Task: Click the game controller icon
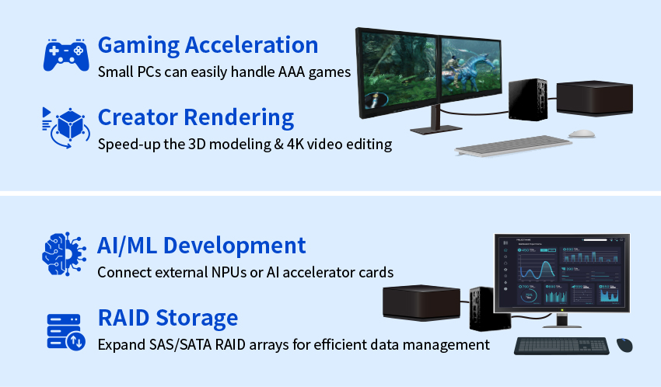[x=66, y=55]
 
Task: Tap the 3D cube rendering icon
[x=67, y=127]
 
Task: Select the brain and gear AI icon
[x=64, y=254]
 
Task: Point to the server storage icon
[x=66, y=332]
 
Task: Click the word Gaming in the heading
[x=139, y=46]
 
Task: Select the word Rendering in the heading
[x=239, y=118]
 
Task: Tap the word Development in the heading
[x=234, y=246]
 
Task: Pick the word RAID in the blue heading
[x=124, y=318]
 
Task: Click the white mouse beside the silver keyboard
[x=582, y=134]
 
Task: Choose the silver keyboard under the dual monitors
[x=513, y=145]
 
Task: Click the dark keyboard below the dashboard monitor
[x=561, y=346]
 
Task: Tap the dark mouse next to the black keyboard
[x=624, y=345]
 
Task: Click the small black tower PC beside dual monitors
[x=528, y=99]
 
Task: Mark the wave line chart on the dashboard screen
[x=537, y=270]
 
